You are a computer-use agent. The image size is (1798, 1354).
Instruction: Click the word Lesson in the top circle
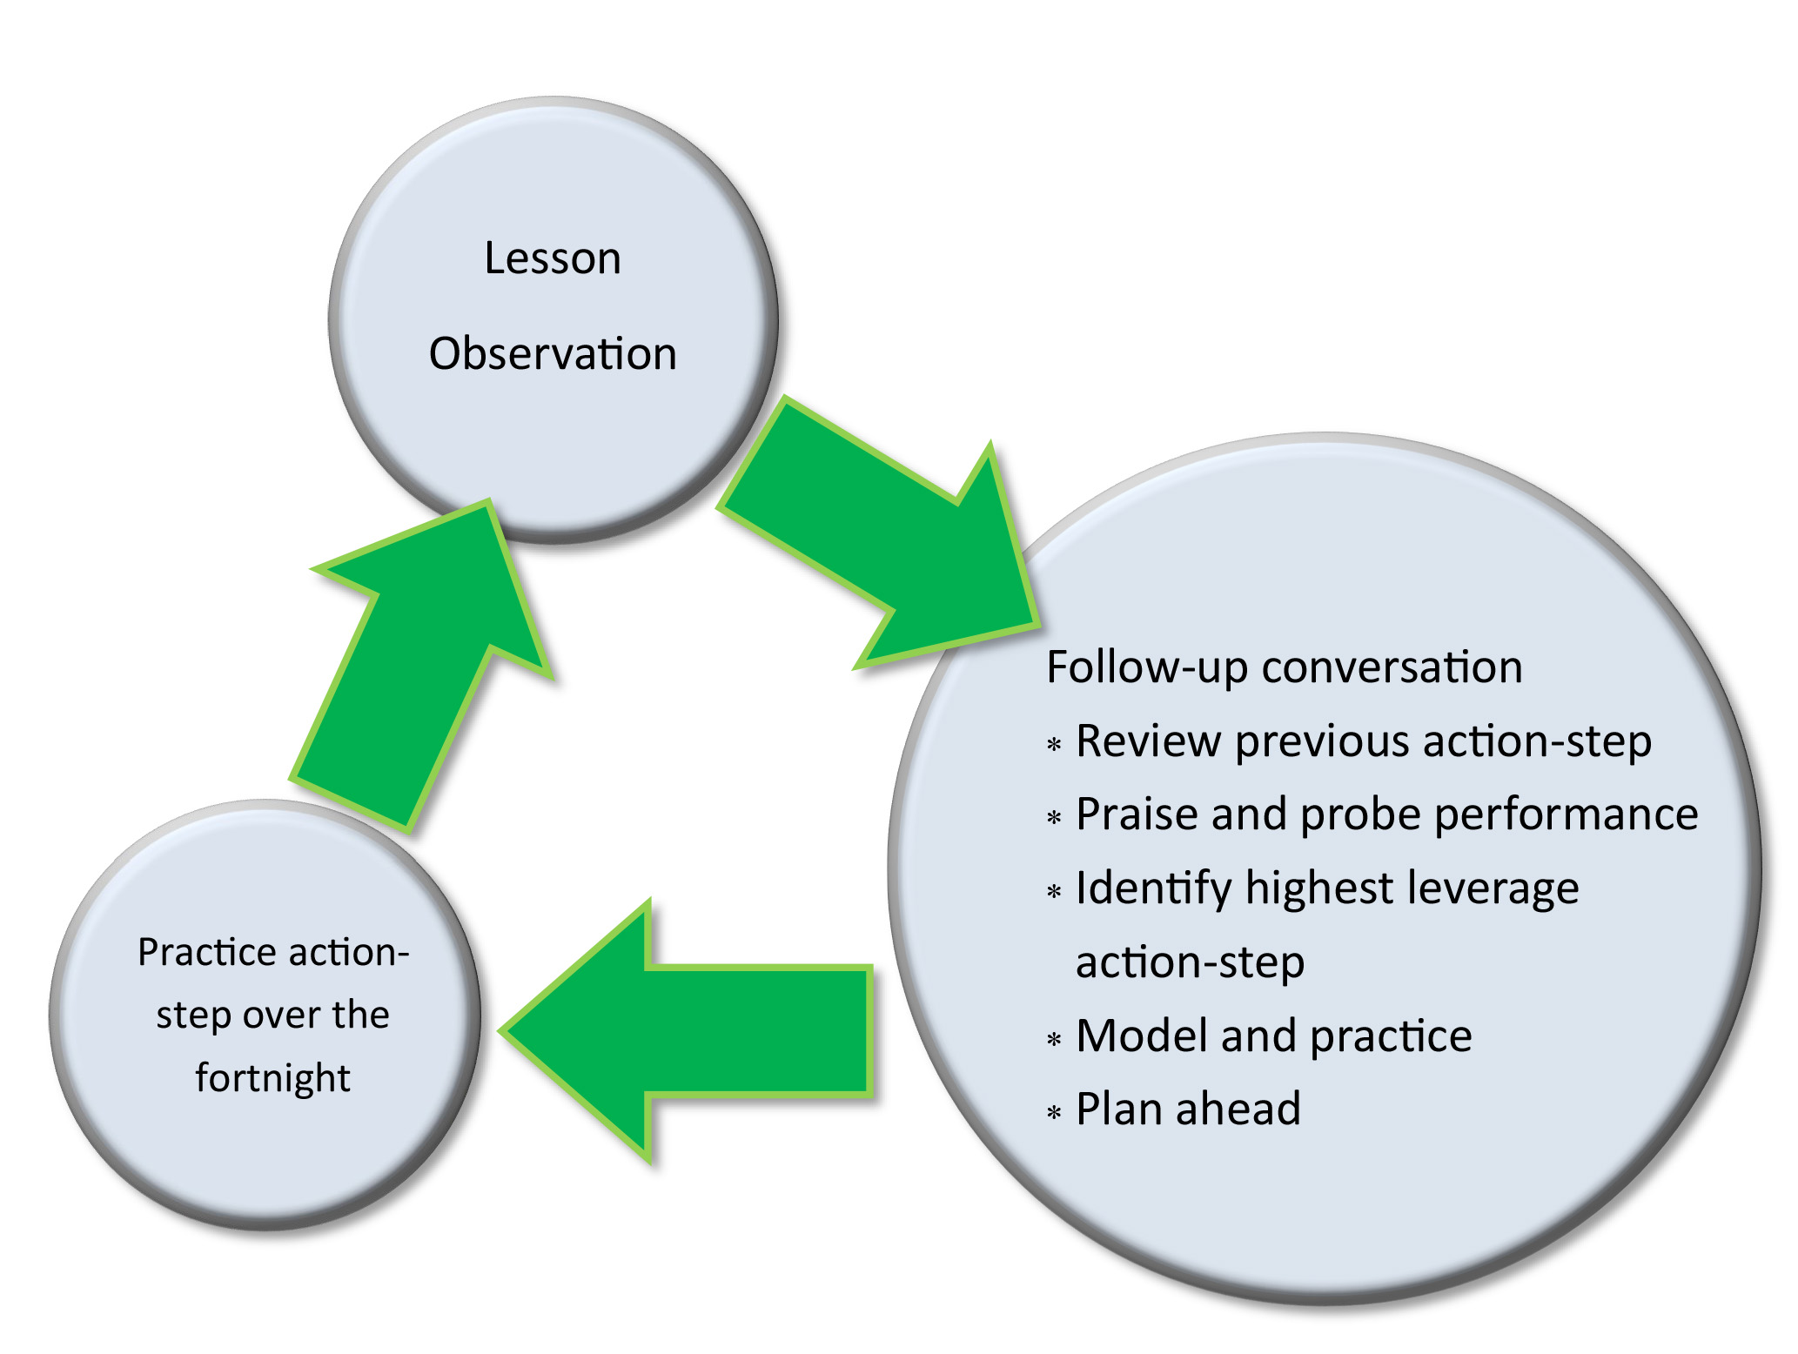[553, 258]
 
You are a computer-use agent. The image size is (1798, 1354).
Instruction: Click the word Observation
[553, 354]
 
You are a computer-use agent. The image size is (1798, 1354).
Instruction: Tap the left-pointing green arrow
[688, 1031]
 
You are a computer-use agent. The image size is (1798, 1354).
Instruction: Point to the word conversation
[1392, 667]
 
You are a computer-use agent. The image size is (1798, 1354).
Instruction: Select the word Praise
[1136, 814]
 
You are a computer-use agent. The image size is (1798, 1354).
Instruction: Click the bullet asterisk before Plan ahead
[1054, 1113]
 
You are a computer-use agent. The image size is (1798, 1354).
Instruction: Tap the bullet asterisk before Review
[1054, 745]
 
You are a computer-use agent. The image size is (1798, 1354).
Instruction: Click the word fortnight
[272, 1078]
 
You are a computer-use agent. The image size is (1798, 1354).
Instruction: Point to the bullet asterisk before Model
[1054, 1040]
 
